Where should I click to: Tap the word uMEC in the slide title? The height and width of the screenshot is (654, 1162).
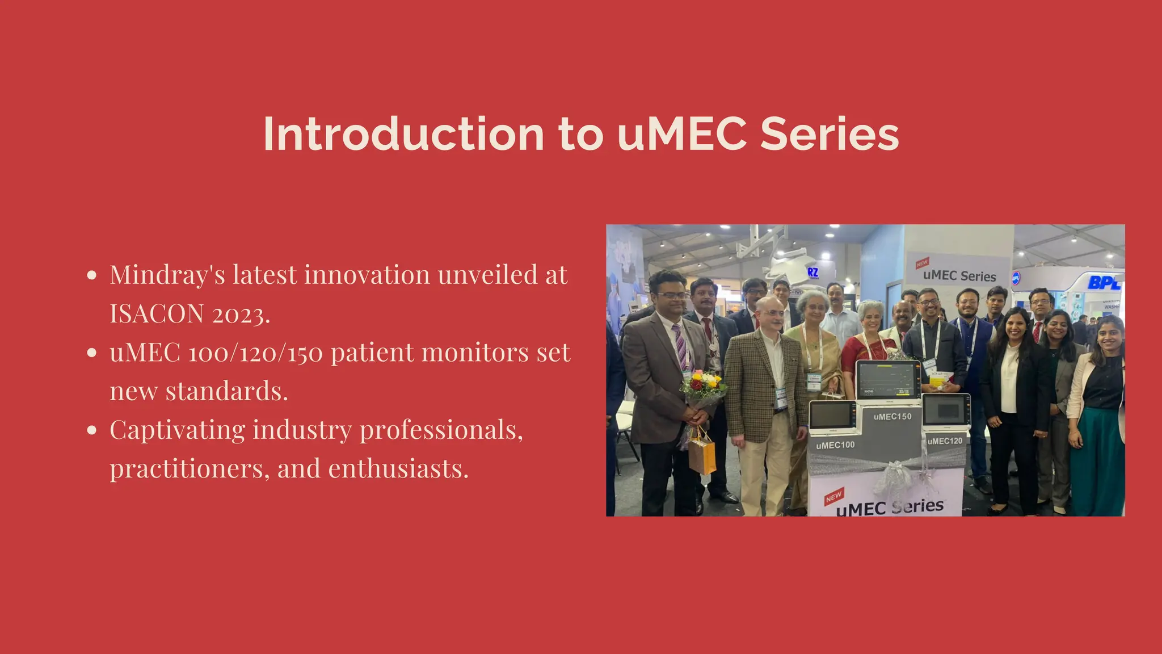[x=682, y=135]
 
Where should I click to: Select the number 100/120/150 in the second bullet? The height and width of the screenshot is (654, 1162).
[x=255, y=353]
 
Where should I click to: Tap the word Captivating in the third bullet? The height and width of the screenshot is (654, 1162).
[x=176, y=430]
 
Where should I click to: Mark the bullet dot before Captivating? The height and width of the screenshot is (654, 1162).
[x=92, y=430]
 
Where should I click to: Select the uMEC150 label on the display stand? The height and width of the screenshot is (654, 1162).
[x=892, y=417]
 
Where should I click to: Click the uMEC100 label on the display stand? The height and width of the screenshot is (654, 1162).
[x=835, y=445]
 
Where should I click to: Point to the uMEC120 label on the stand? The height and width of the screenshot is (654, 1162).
[x=945, y=441]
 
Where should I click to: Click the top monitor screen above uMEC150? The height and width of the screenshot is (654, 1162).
[x=887, y=380]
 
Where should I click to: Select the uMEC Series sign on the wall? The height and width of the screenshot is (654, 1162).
[x=959, y=276]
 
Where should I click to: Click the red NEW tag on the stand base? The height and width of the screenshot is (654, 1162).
[x=834, y=497]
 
